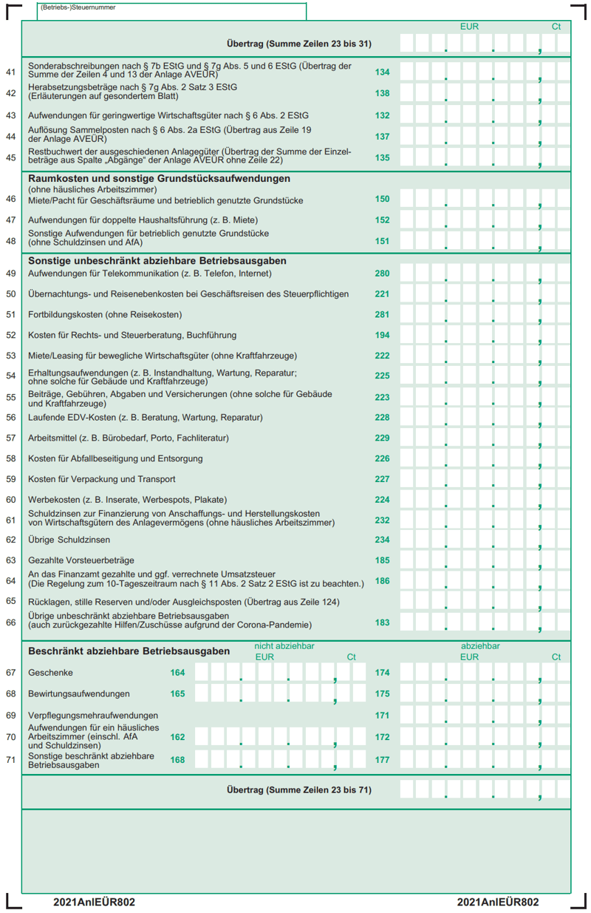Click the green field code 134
point(382,72)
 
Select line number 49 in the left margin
point(10,274)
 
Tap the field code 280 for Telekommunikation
point(382,274)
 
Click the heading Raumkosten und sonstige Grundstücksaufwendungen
point(159,179)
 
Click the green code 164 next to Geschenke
point(177,673)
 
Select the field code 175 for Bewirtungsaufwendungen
point(382,694)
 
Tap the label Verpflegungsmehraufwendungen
point(93,716)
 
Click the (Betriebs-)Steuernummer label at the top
point(78,7)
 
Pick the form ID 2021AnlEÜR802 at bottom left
point(94,902)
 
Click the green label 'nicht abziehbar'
point(284,646)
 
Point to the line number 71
point(10,759)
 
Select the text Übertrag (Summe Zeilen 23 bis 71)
point(298,790)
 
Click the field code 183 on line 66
point(382,622)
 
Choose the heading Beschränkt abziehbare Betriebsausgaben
point(129,651)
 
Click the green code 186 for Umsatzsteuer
point(382,581)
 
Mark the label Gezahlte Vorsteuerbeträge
point(81,560)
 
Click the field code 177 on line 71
point(382,759)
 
